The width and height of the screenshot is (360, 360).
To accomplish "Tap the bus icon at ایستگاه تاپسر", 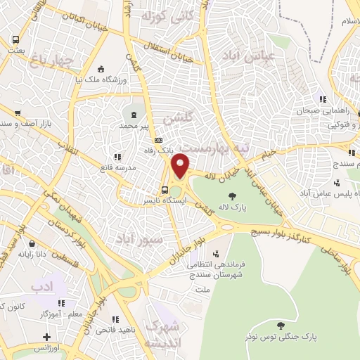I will click(164, 189).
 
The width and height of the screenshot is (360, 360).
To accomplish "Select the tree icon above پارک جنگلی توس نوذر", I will click(281, 326).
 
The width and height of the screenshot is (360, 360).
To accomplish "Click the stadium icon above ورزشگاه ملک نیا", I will click(101, 69).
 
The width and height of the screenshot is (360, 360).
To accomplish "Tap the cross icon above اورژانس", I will click(46, 337).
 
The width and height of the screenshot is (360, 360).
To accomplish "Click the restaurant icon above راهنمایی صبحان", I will click(322, 100).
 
